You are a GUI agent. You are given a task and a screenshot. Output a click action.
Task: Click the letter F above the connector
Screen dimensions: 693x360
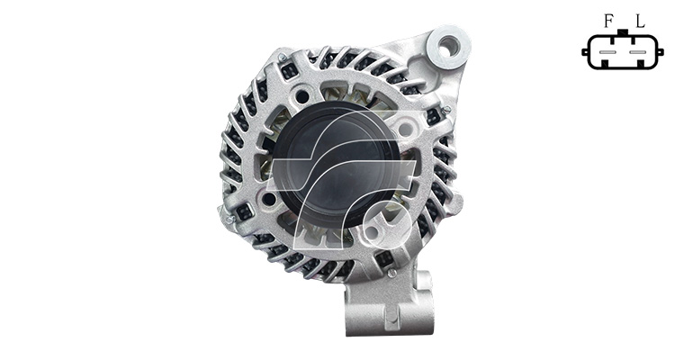(609, 21)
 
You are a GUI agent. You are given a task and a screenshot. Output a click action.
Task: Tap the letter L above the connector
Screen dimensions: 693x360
(641, 21)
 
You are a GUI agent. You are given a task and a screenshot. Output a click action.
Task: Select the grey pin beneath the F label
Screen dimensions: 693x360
(608, 52)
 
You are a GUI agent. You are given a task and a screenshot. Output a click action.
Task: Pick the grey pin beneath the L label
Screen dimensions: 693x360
(638, 52)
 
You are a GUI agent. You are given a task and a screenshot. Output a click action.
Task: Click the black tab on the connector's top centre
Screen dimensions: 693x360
(623, 32)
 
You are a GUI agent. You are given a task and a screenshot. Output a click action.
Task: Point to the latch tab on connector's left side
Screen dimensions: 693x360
(585, 52)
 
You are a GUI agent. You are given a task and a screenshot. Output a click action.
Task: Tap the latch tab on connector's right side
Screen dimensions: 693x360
(661, 52)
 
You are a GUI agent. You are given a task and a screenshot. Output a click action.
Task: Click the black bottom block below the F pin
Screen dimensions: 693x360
(605, 64)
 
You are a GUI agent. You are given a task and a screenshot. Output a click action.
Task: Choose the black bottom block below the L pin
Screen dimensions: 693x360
(642, 64)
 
